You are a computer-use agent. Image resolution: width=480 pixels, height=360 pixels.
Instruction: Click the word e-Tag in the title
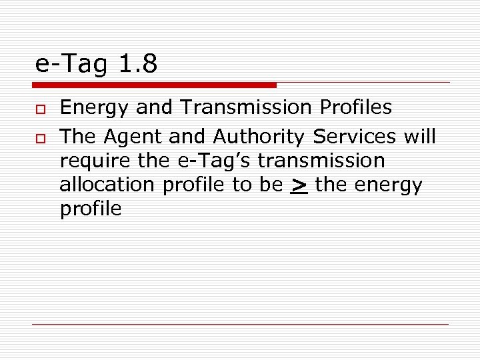(x=71, y=64)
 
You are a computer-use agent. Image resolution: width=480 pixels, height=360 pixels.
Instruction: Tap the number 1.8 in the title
(x=138, y=64)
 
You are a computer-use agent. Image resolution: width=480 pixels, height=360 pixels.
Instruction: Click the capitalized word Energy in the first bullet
(x=95, y=108)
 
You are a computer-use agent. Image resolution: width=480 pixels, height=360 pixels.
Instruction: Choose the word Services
(x=355, y=137)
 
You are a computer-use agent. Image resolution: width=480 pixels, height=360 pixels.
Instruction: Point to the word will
(x=419, y=137)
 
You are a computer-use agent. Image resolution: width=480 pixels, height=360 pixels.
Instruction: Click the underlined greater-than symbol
(x=299, y=185)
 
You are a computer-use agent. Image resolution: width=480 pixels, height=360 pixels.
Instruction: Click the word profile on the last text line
(x=91, y=209)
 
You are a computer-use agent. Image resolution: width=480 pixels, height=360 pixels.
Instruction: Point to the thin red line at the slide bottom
(x=240, y=324)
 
